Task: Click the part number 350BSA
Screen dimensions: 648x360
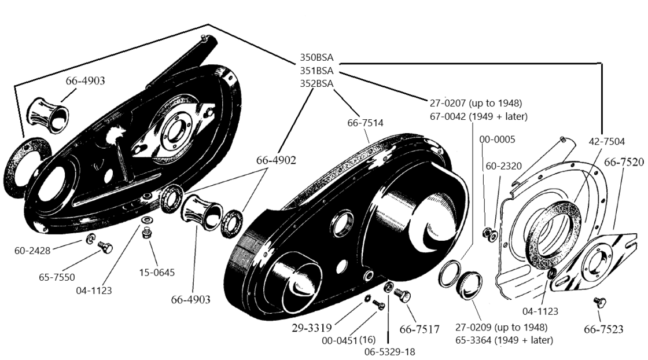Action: coord(316,57)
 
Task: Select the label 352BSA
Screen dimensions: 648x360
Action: coord(316,83)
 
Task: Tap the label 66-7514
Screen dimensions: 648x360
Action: coord(365,123)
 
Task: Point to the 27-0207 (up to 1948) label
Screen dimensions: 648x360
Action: coord(476,103)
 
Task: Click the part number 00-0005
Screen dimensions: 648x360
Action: coord(497,139)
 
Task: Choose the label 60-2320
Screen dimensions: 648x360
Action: coord(504,166)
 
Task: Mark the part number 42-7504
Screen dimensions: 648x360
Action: coord(607,142)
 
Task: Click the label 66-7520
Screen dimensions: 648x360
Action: coord(624,162)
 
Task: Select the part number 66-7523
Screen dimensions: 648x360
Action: coord(603,329)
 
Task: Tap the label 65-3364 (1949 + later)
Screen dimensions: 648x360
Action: coord(504,340)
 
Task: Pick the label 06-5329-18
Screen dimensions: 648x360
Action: coord(390,352)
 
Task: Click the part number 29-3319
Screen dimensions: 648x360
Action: coord(312,328)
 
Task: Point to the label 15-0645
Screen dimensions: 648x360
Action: coord(157,273)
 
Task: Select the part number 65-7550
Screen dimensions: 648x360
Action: coord(57,277)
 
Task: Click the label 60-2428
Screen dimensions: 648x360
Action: coord(32,251)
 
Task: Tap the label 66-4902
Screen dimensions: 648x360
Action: coord(276,160)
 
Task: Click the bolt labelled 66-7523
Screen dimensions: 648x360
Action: coord(599,303)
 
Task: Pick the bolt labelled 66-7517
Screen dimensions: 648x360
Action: coord(402,295)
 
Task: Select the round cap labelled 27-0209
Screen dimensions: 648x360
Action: coord(469,285)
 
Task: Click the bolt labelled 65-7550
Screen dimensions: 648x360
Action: coord(105,247)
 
